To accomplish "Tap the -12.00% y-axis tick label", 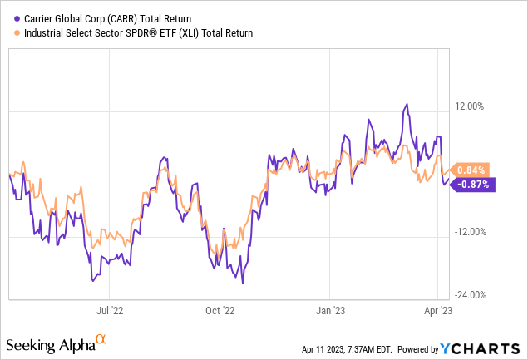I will tap(471, 232).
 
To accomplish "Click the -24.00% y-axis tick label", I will tap(471, 295).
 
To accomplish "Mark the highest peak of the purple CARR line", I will tap(406, 105).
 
